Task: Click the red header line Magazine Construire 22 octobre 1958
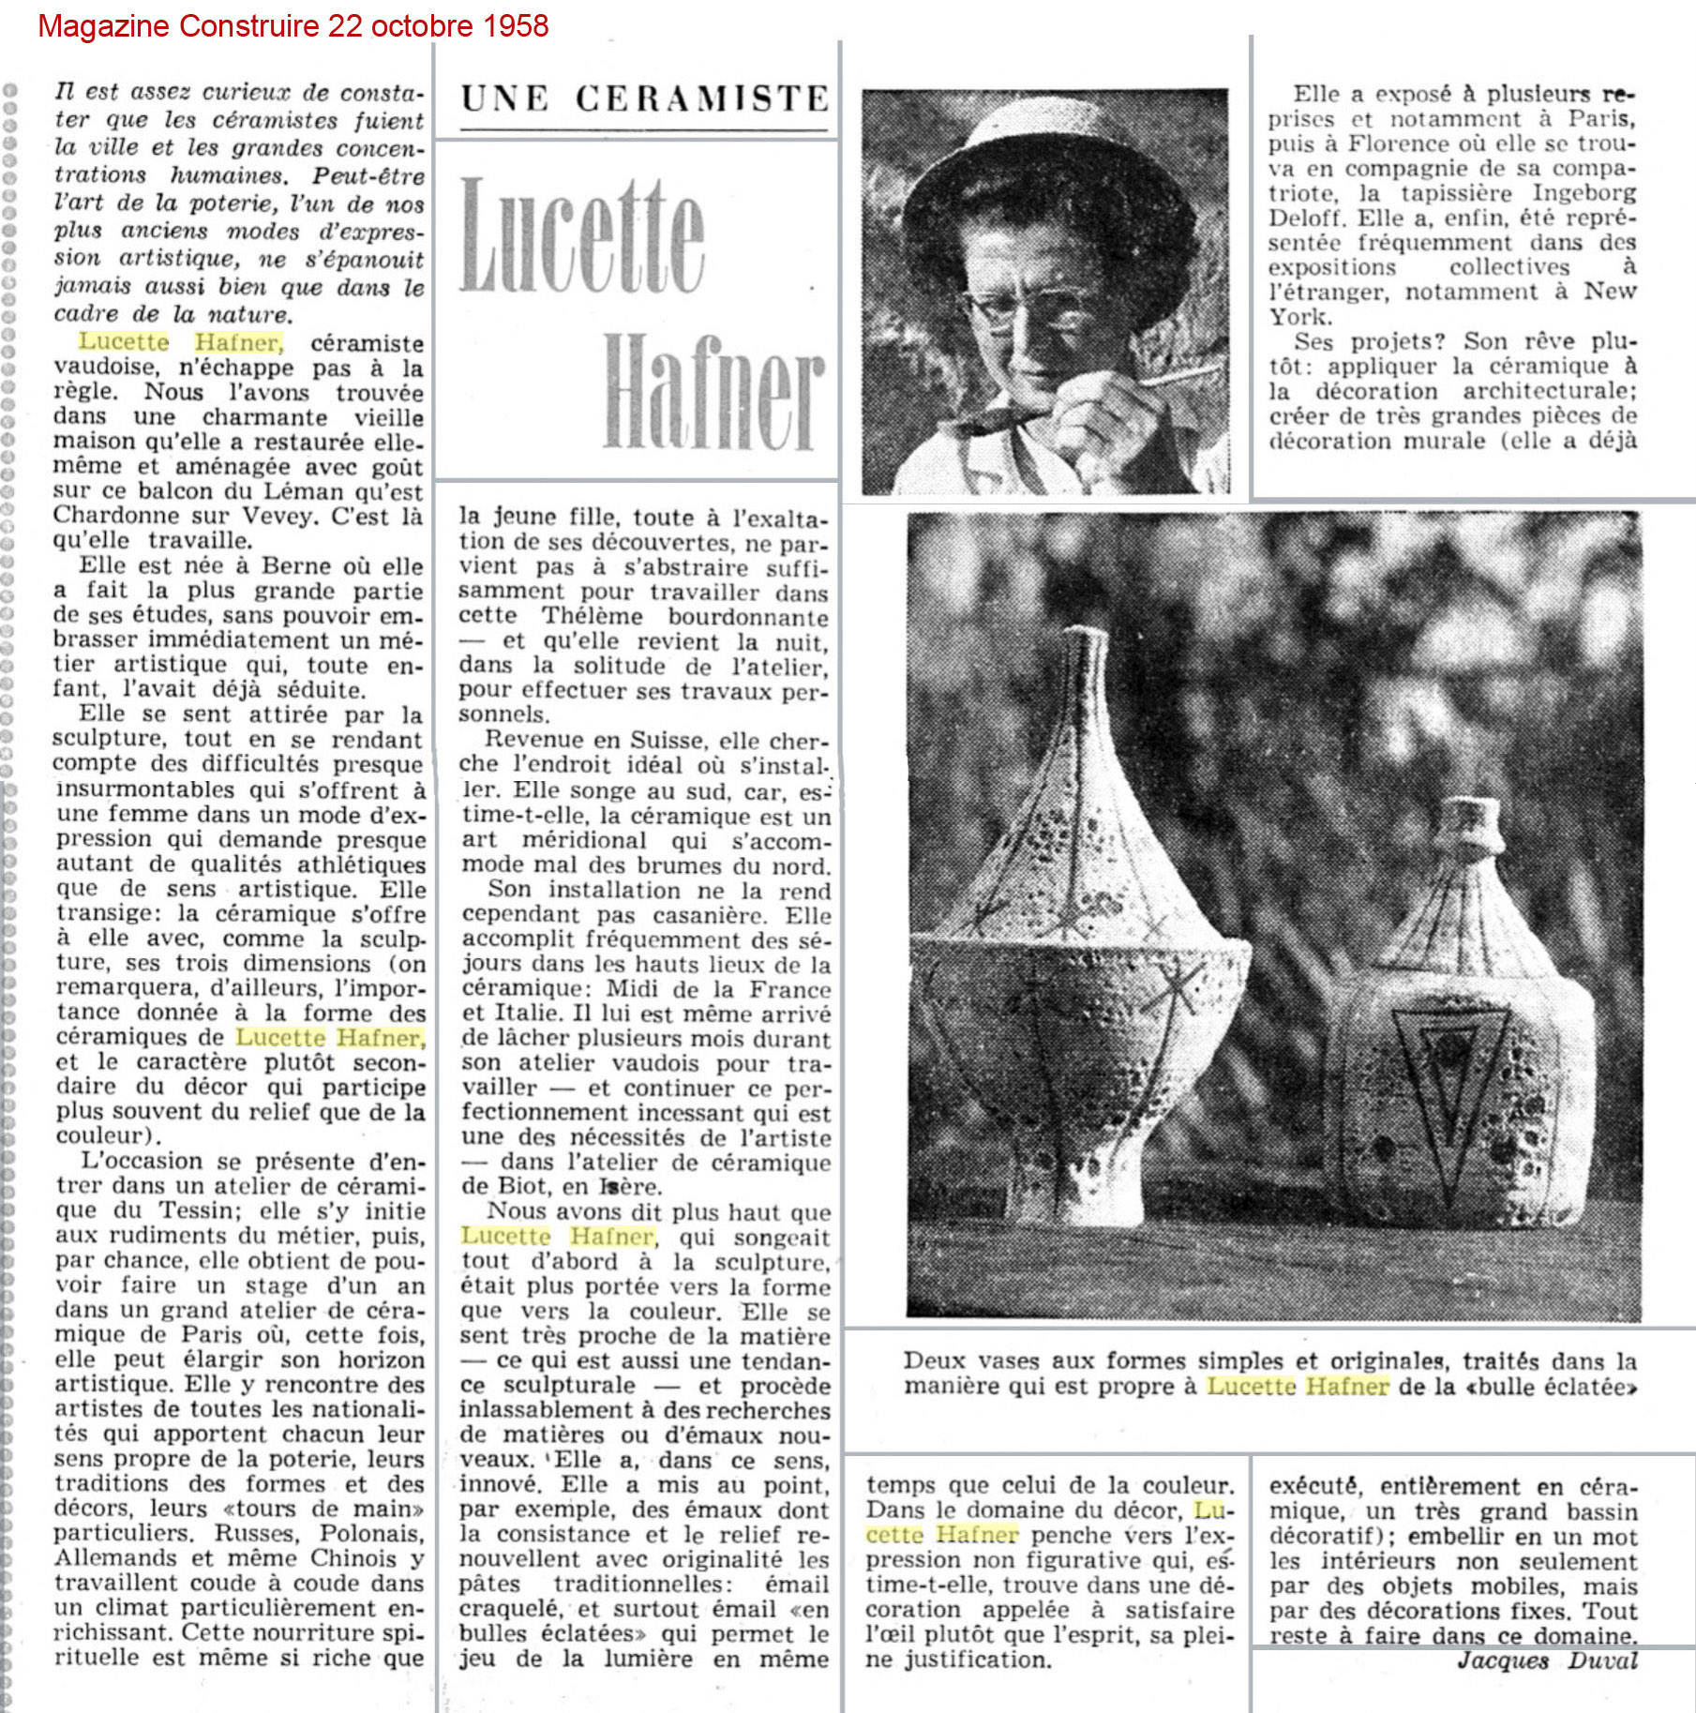[x=293, y=25]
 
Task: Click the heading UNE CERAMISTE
[x=645, y=98]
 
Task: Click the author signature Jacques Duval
[x=1547, y=1660]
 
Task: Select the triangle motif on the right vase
[x=1449, y=1078]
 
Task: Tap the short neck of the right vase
[x=1472, y=825]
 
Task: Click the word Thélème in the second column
[x=593, y=617]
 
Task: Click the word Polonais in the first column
[x=372, y=1533]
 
